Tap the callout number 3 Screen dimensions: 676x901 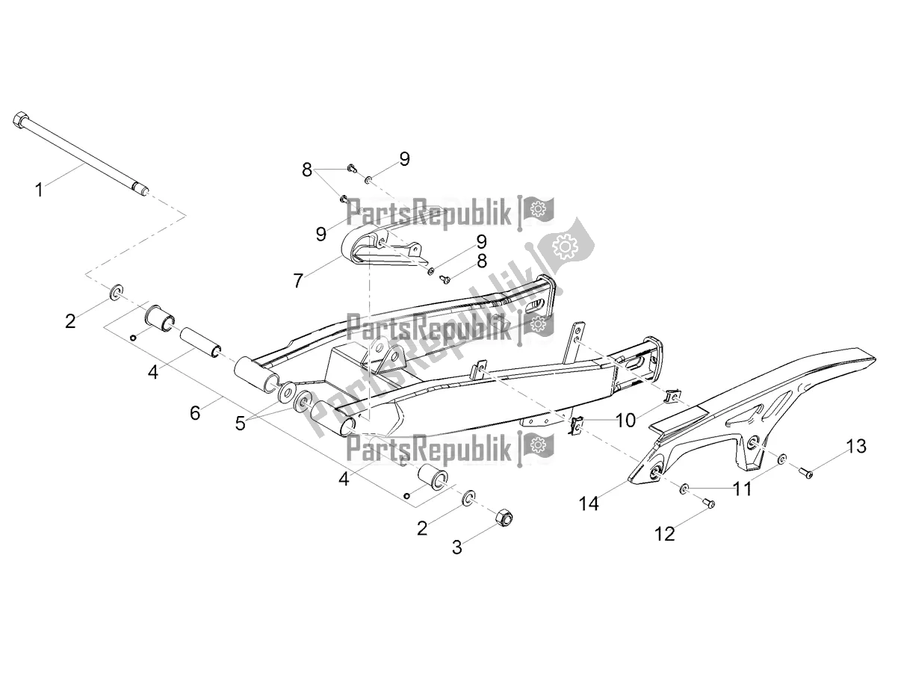(456, 548)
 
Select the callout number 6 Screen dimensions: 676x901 (195, 412)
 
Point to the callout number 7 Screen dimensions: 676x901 (298, 281)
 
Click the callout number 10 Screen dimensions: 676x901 (626, 421)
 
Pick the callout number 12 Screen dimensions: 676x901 (664, 533)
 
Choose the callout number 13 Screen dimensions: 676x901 (856, 447)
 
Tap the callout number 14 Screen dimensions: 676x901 (589, 504)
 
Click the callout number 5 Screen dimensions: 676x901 (240, 423)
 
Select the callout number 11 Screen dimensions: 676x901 (742, 489)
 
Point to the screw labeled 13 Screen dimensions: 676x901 (805, 471)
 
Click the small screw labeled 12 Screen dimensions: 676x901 (710, 504)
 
